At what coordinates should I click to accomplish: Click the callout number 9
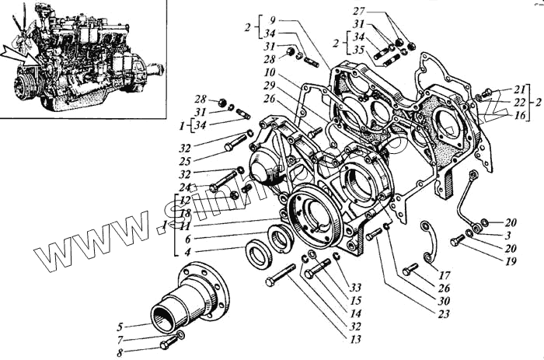pos(270,19)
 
